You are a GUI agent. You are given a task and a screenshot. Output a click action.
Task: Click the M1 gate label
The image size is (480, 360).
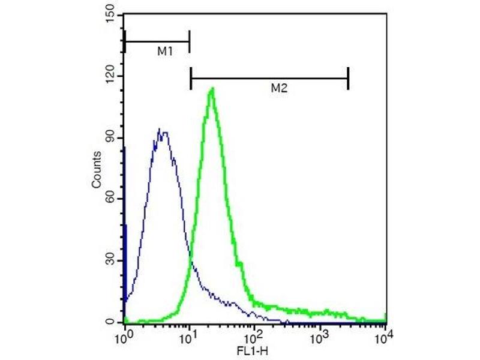coord(165,52)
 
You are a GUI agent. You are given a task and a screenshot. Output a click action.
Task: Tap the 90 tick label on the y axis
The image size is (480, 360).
coord(111,137)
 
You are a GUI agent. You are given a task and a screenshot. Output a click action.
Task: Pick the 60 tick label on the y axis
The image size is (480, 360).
coord(111,199)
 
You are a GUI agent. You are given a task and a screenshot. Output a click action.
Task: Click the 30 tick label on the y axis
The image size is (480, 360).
coord(111,261)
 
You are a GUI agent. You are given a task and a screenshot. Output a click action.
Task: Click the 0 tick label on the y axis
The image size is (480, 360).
coord(113,322)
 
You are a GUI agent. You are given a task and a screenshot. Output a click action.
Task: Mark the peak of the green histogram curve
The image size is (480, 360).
coord(212,89)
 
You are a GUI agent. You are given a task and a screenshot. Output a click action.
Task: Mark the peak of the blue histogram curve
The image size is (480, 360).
coord(160,129)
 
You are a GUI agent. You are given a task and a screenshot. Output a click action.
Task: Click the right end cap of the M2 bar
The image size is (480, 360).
coord(348,77)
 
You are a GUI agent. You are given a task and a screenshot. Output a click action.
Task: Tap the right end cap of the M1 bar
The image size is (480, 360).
coord(189,41)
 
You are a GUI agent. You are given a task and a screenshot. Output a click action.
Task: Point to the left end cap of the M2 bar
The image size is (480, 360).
coord(191,77)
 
